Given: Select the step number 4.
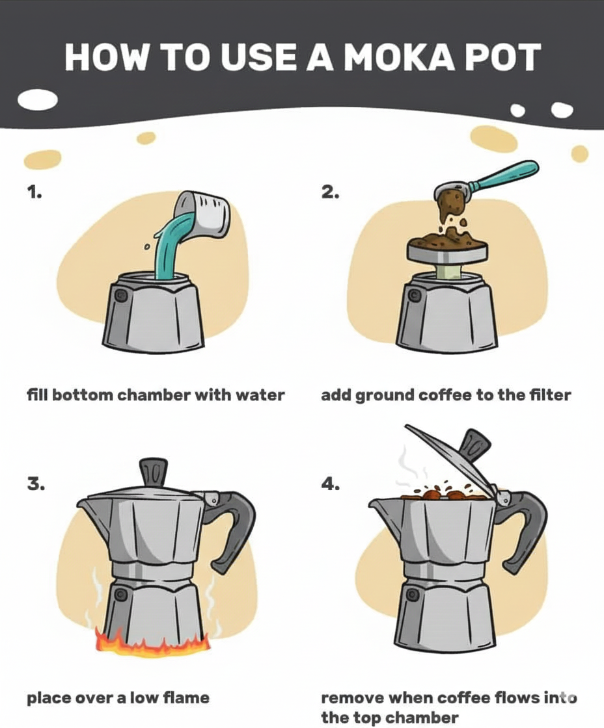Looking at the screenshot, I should [x=331, y=485].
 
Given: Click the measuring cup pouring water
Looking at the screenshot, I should [x=205, y=214].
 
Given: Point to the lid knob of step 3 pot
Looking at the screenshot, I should [x=154, y=471].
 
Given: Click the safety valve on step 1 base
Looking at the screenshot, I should [x=120, y=296].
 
